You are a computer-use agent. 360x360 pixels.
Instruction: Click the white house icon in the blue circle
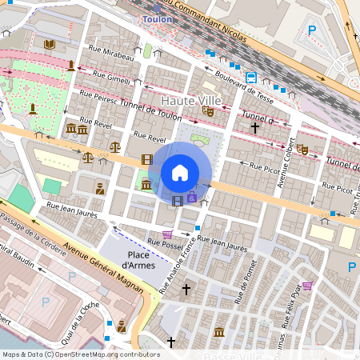[x=180, y=172]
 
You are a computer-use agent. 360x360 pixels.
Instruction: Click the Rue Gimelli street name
[x=111, y=78]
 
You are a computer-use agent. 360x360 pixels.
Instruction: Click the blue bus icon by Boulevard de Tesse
[x=251, y=78]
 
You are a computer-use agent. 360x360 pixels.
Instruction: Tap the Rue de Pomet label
[x=254, y=279]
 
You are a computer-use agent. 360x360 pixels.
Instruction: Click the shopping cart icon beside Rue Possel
[x=167, y=234]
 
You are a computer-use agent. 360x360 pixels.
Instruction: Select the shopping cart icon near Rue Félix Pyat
[x=306, y=286]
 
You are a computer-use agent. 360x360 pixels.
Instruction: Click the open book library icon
[x=50, y=44]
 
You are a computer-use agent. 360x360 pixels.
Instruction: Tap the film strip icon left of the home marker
[x=146, y=160]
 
